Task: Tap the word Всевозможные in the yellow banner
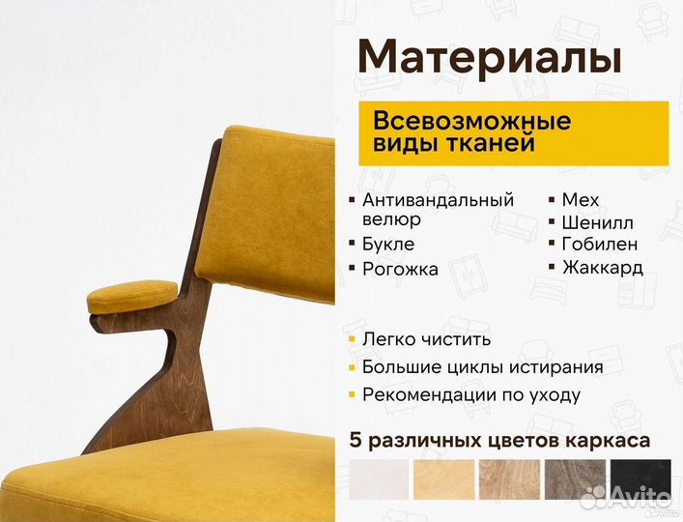(x=471, y=122)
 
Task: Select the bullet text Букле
(x=388, y=244)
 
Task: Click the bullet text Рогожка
(x=400, y=270)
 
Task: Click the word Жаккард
(x=602, y=268)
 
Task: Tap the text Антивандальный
(x=438, y=200)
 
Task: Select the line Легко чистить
(x=426, y=339)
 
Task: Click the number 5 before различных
(x=356, y=441)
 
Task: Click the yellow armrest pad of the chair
(x=132, y=296)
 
